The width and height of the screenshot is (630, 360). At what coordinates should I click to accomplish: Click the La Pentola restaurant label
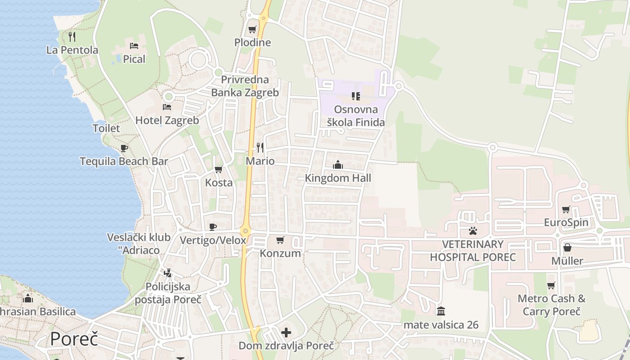72,50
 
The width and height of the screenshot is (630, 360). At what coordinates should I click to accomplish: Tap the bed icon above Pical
134,45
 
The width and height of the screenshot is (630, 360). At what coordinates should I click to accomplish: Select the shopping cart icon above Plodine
252,30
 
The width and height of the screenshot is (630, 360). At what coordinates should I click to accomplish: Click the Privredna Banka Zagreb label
245,86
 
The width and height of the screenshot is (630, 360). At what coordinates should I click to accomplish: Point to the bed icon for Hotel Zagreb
167,107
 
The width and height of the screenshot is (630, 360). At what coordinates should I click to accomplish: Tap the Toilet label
106,128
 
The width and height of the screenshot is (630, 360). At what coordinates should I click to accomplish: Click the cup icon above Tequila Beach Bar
124,148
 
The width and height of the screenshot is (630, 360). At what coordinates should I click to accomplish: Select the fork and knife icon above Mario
260,147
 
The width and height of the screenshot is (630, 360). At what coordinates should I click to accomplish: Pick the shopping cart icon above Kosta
219,169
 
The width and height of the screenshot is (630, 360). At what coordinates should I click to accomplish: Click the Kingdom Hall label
338,178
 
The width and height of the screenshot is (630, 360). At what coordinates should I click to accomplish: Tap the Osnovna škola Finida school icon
356,96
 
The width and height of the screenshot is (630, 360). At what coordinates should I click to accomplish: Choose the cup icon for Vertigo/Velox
213,227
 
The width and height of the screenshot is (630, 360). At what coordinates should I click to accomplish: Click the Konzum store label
280,253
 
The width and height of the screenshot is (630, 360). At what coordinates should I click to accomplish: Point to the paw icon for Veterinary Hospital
473,231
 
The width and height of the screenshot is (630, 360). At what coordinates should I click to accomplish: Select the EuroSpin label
566,222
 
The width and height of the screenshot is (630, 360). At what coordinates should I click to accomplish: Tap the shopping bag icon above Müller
567,247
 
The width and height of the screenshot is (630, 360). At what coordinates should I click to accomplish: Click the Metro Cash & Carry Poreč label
552,305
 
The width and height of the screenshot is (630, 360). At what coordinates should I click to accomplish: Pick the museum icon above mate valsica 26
441,311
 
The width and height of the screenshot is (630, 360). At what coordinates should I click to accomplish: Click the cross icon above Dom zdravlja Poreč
286,333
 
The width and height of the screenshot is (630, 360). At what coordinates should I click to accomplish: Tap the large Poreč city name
74,338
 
